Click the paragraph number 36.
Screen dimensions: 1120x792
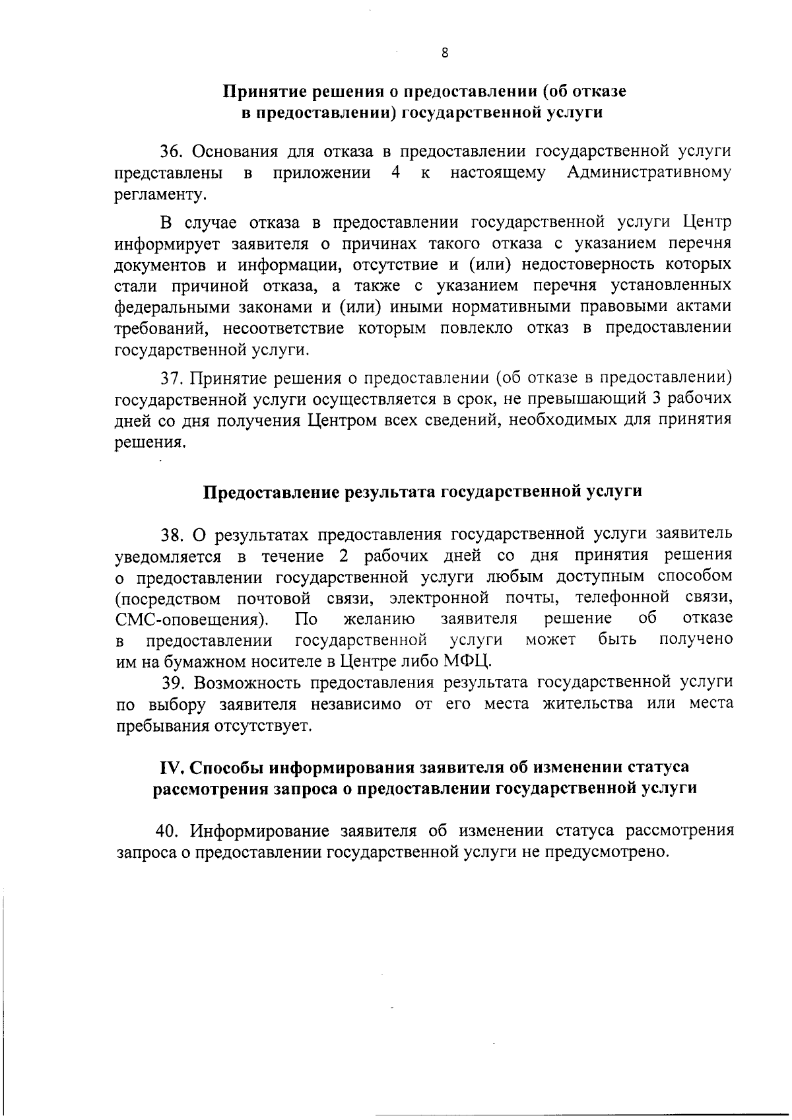[172, 151]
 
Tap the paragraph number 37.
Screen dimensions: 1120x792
[172, 378]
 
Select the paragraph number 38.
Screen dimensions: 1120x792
[173, 533]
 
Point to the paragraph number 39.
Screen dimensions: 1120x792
[174, 682]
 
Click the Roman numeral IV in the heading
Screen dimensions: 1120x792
[174, 767]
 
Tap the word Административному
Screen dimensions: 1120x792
[649, 173]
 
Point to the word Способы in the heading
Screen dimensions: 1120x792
[228, 767]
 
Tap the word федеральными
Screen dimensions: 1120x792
[161, 307]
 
